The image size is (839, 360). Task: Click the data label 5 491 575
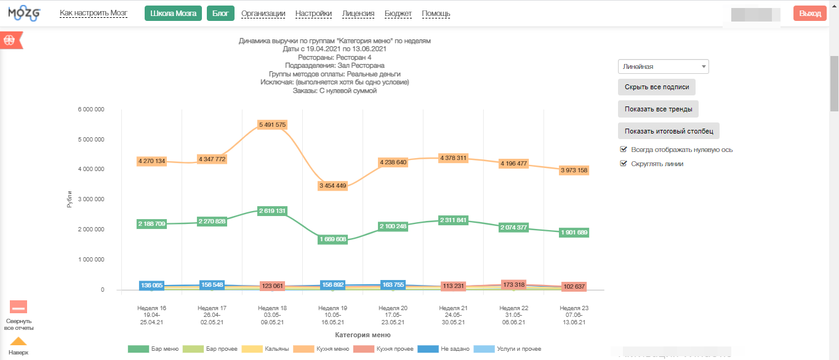tap(273, 124)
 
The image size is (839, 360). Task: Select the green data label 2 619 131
tap(273, 210)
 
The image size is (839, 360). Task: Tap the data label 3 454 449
tap(333, 185)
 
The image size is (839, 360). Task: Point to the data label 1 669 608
tap(333, 239)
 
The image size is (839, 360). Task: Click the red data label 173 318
tap(514, 284)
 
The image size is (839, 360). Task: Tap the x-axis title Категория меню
tap(363, 335)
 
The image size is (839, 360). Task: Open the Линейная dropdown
tap(663, 66)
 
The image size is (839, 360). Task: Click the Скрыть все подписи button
tap(656, 87)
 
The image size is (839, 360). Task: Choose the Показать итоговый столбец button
tap(668, 131)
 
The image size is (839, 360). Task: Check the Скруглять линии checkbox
tap(624, 164)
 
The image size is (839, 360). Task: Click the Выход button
tap(809, 14)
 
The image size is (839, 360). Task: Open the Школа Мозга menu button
tap(173, 14)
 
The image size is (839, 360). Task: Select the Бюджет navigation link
tap(398, 14)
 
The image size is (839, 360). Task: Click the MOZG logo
tap(24, 14)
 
